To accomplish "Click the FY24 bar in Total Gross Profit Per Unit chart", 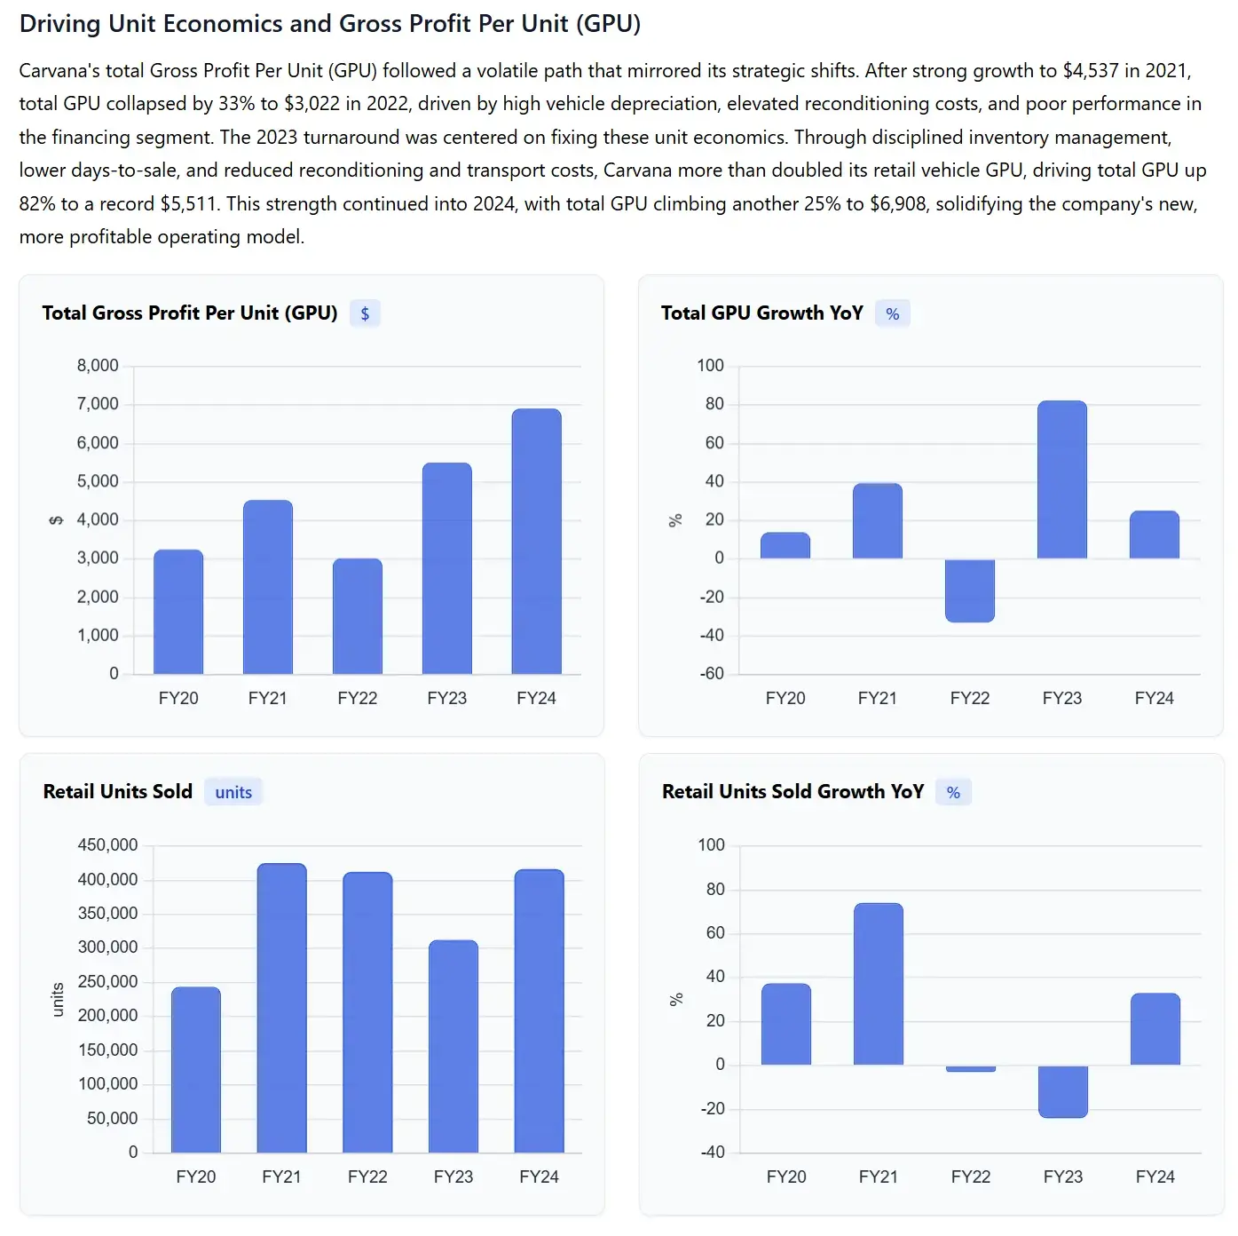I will point(536,541).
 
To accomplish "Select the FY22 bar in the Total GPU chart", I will point(358,616).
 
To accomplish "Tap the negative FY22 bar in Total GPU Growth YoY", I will point(969,590).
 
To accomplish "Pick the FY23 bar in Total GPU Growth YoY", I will point(1061,479).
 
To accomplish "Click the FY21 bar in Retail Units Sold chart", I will point(281,1008).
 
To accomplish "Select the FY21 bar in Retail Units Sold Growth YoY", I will point(878,984).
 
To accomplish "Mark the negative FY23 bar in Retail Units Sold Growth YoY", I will point(1062,1091).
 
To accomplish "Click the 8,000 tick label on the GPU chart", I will point(98,366).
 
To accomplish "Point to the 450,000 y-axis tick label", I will point(107,844).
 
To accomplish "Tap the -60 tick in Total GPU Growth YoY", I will point(712,674).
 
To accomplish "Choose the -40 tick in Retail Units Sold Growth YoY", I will point(713,1153).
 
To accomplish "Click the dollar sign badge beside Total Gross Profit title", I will point(365,313).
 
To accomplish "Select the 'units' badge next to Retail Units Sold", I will point(233,792).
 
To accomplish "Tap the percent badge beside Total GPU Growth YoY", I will point(892,313).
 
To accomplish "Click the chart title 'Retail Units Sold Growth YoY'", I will point(792,792).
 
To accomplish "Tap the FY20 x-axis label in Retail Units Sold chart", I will point(195,1177).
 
